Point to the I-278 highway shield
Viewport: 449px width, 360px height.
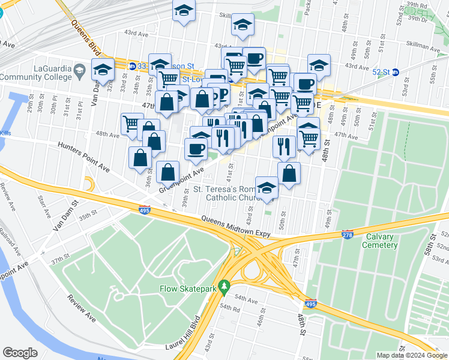pyautogui.click(x=347, y=233)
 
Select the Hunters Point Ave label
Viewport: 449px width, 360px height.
pyautogui.click(x=83, y=155)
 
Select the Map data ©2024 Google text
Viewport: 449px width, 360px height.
pyautogui.click(x=411, y=355)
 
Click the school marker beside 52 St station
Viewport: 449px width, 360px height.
pyautogui.click(x=319, y=65)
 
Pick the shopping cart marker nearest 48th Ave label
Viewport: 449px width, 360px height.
pyautogui.click(x=130, y=124)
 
